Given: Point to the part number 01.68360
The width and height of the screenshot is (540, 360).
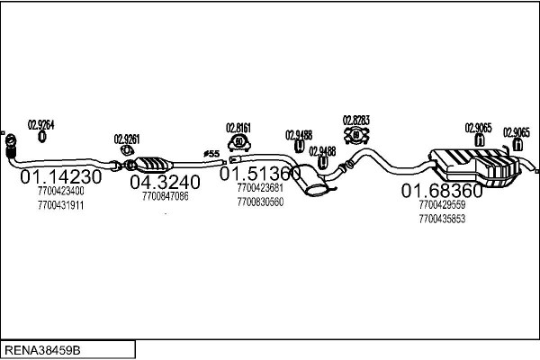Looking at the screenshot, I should tap(441, 191).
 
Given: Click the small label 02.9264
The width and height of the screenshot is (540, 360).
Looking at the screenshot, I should tap(41, 124).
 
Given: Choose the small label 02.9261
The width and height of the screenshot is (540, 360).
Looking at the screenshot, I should tap(126, 139).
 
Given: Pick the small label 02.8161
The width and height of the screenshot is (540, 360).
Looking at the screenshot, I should tap(238, 127).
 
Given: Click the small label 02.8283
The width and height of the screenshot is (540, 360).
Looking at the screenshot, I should tap(356, 120).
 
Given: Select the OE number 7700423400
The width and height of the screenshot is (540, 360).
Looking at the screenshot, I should tap(61, 192).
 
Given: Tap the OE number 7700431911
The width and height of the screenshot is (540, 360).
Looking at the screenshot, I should tap(61, 205).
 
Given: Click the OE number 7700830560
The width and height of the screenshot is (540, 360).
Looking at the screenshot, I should tap(260, 202).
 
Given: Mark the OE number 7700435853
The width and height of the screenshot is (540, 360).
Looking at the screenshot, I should tap(442, 219).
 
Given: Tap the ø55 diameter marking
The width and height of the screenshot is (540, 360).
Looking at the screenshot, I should tap(211, 154).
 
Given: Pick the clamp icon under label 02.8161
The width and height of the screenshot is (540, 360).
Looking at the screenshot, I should tap(239, 142).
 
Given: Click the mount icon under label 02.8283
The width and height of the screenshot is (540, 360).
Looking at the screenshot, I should tap(355, 136).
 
